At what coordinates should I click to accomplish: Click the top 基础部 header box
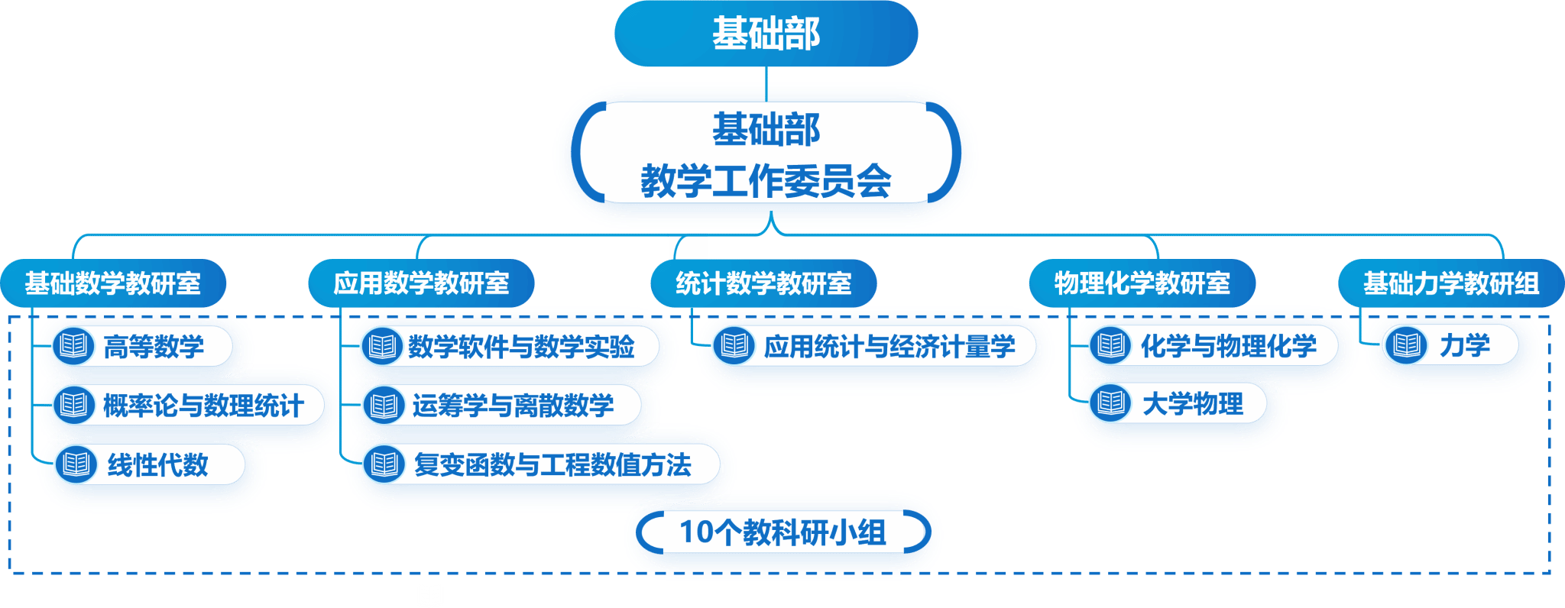(766, 34)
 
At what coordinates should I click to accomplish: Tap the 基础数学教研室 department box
(113, 283)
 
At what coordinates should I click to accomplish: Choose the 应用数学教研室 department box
(421, 283)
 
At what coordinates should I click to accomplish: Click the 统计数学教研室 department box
(763, 283)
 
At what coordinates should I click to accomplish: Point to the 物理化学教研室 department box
(1142, 283)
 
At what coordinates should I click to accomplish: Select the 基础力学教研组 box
(1451, 283)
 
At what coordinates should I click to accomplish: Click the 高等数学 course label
(154, 347)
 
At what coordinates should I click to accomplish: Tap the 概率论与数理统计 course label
(203, 405)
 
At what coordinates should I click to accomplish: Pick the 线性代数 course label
(157, 464)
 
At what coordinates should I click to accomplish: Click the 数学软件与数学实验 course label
(521, 347)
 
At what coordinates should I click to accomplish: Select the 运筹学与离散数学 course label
(513, 405)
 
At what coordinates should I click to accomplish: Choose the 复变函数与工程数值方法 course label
(552, 464)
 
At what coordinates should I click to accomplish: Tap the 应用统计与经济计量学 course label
(889, 347)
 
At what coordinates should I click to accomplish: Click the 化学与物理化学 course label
(1228, 346)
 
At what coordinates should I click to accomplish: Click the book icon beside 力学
(1406, 345)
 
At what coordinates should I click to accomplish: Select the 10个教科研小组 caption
(782, 532)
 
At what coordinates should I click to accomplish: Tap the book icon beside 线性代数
(76, 464)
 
